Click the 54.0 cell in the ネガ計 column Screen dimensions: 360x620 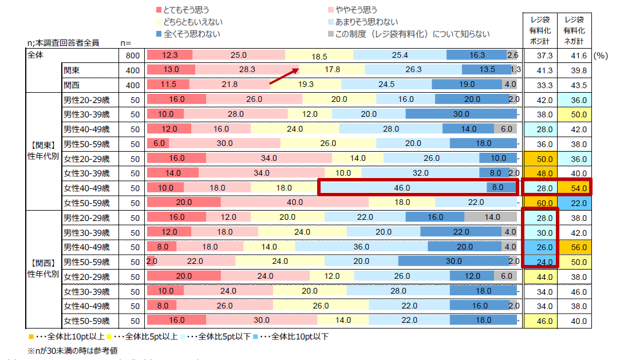(575, 187)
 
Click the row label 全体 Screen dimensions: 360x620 (35, 56)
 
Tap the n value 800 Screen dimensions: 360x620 (132, 56)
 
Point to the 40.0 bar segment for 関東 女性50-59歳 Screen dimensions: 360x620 (295, 202)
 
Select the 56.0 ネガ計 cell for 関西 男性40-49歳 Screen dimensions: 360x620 (575, 247)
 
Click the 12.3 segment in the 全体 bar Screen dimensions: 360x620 (170, 55)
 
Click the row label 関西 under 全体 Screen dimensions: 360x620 (73, 85)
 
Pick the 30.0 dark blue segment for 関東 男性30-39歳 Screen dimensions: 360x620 (461, 113)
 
